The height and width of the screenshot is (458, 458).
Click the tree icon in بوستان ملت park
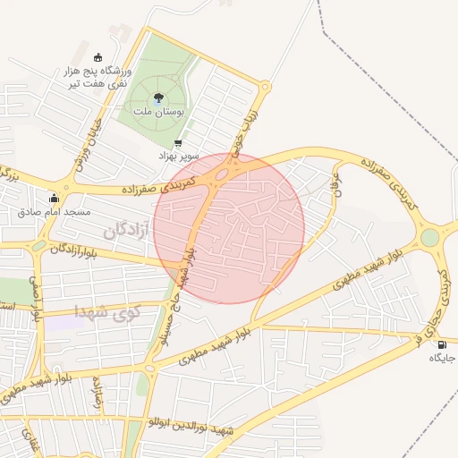pos(158,98)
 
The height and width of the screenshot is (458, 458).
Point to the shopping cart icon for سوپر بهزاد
pos(178,143)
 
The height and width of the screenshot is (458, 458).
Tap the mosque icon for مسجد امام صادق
pos(55,199)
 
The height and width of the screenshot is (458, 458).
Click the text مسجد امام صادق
pos(55,212)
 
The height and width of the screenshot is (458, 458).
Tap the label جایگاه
pos(442,358)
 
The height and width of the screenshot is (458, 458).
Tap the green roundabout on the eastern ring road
pos(430,237)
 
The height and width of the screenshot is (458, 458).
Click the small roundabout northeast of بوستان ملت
pos(265,88)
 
